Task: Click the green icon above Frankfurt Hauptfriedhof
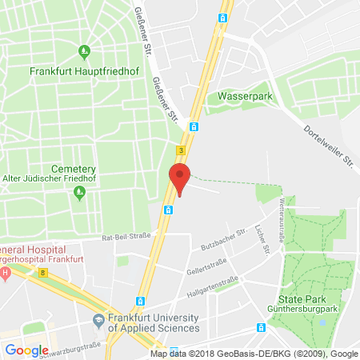(85, 53)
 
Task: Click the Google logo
(26, 350)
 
